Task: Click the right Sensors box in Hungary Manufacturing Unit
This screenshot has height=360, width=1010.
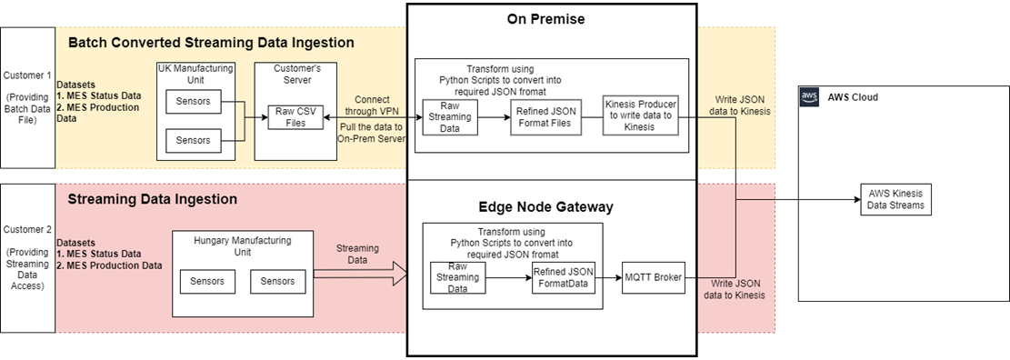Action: point(277,281)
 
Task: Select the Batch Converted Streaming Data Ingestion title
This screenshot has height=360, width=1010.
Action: point(211,42)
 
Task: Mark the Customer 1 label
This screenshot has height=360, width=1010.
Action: point(26,75)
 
